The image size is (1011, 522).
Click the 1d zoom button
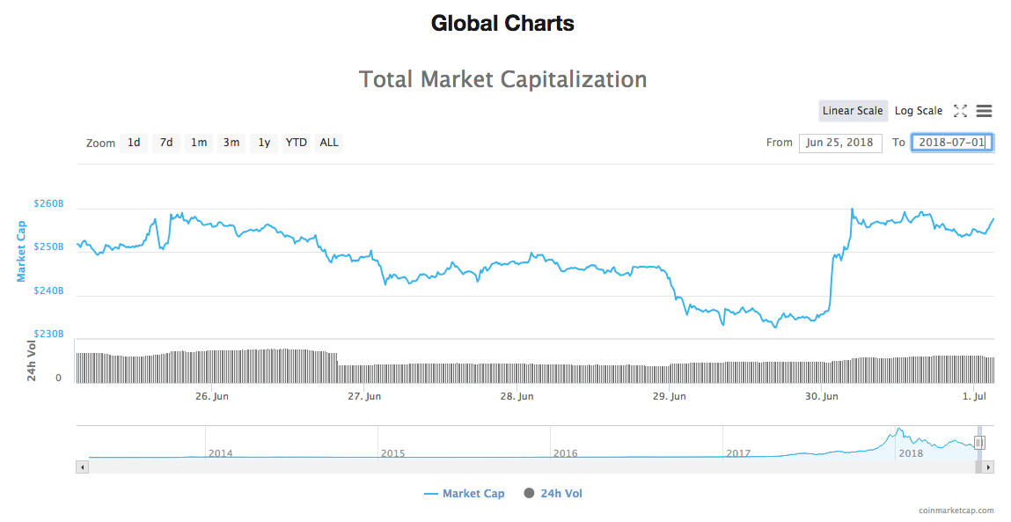click(134, 143)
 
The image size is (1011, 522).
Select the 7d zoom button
click(166, 143)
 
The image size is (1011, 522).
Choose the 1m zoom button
click(200, 143)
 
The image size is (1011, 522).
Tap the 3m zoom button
click(231, 143)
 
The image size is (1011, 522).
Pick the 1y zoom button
click(264, 143)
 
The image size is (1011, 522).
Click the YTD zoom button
click(297, 143)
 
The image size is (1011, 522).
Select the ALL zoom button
click(329, 143)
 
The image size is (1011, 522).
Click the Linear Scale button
click(853, 111)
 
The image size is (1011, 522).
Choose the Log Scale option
click(919, 111)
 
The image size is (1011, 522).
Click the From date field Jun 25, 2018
click(840, 143)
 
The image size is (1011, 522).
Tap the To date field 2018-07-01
click(952, 143)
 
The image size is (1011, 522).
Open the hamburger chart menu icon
click(985, 111)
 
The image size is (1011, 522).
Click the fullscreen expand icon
click(961, 111)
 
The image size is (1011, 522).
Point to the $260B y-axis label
click(48, 204)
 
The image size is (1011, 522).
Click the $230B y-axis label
click(48, 335)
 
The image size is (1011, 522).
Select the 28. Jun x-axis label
click(516, 397)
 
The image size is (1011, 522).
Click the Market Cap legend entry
click(465, 494)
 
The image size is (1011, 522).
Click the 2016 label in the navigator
click(565, 453)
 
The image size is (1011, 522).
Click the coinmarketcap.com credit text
click(956, 511)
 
